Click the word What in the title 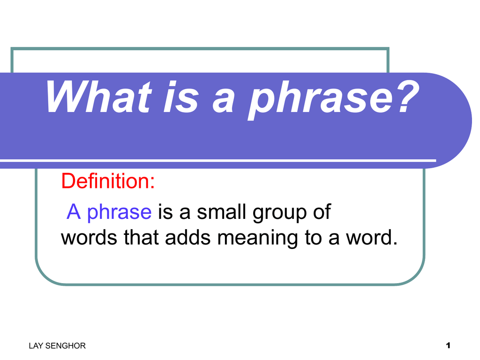pyautogui.click(x=98, y=97)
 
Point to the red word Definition pyautogui.click(x=108, y=181)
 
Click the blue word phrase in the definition pyautogui.click(x=120, y=212)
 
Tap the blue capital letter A pyautogui.click(x=74, y=211)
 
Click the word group pyautogui.click(x=279, y=212)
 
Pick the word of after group pyautogui.click(x=322, y=211)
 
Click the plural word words pyautogui.click(x=89, y=238)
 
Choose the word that pyautogui.click(x=141, y=238)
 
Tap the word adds pyautogui.click(x=188, y=238)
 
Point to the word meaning pyautogui.click(x=258, y=239)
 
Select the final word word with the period pyautogui.click(x=372, y=238)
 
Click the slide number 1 pyautogui.click(x=448, y=345)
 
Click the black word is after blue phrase pyautogui.click(x=165, y=211)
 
